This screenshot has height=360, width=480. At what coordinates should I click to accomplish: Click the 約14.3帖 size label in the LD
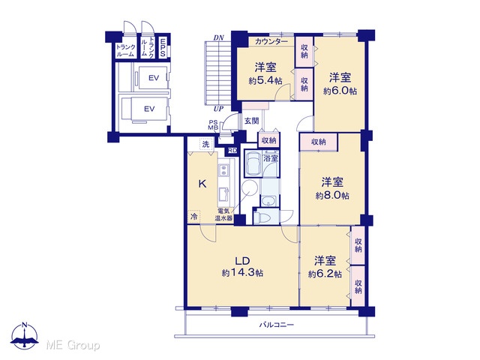[x=242, y=273]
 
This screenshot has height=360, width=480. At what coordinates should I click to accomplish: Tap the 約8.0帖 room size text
[x=332, y=195]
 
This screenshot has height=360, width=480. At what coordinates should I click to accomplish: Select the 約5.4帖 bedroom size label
[x=265, y=81]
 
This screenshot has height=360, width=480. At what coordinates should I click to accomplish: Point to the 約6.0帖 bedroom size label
[x=340, y=91]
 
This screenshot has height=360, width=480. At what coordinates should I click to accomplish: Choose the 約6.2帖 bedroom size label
[x=325, y=274]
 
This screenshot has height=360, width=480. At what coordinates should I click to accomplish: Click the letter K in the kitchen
[x=202, y=184]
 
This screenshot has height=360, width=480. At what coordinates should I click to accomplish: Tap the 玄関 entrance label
[x=252, y=121]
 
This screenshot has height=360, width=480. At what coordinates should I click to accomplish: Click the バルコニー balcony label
[x=277, y=325]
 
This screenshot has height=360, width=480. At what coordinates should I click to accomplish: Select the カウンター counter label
[x=271, y=42]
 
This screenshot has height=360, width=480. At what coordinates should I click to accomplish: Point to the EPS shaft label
[x=163, y=47]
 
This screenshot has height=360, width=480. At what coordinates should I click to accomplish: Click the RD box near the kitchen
[x=232, y=150]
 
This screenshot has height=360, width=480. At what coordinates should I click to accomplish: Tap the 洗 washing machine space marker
[x=206, y=144]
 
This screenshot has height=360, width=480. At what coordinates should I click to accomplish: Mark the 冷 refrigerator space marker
[x=194, y=217]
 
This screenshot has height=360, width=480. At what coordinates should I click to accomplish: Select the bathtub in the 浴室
[x=253, y=163]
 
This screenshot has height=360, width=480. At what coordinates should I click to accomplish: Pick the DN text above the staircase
[x=218, y=38]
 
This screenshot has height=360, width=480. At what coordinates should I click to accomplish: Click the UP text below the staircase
[x=218, y=109]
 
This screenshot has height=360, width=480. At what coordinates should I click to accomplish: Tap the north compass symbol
[x=25, y=335]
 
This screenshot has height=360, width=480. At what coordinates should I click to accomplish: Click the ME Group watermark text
[x=73, y=345]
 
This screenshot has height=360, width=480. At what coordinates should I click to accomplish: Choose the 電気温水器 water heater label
[x=224, y=215]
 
